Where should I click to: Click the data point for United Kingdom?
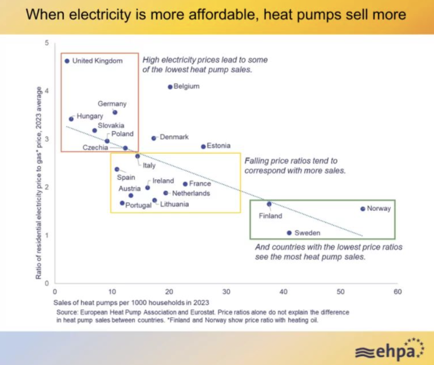click(x=67, y=61)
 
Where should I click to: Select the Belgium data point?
click(x=170, y=87)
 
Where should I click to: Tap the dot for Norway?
click(x=363, y=209)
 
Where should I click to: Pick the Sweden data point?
click(x=289, y=233)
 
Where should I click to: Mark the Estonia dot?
click(x=203, y=146)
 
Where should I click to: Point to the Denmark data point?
click(x=154, y=138)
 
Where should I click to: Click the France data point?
click(x=185, y=184)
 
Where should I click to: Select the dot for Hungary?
click(x=71, y=119)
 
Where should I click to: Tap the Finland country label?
click(x=271, y=216)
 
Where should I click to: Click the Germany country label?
click(x=112, y=104)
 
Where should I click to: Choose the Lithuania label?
click(x=174, y=204)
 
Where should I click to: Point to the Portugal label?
click(x=138, y=205)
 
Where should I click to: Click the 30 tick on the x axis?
click(x=226, y=292)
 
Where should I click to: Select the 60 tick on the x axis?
click(x=398, y=292)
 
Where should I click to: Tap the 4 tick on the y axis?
click(x=47, y=91)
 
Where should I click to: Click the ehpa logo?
click(x=389, y=349)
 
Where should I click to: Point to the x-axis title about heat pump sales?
click(x=131, y=302)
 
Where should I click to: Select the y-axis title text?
click(x=38, y=183)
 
